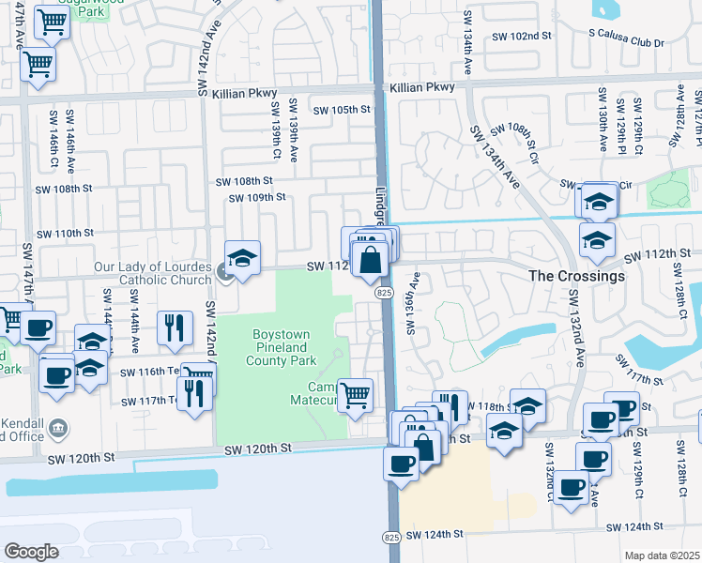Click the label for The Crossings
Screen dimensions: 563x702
pyautogui.click(x=576, y=277)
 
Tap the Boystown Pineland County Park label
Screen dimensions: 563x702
pyautogui.click(x=283, y=346)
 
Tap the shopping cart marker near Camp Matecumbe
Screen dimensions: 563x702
pyautogui.click(x=355, y=395)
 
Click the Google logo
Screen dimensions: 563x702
pyautogui.click(x=32, y=551)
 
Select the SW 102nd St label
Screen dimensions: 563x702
pyautogui.click(x=522, y=36)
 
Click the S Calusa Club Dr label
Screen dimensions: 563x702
pyautogui.click(x=626, y=43)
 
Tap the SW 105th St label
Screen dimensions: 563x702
pyautogui.click(x=343, y=110)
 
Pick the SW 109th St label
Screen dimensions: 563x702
pyautogui.click(x=257, y=197)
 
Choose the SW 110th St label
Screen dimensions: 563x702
pyautogui.click(x=65, y=233)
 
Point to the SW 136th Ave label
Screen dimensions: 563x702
pyautogui.click(x=411, y=304)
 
